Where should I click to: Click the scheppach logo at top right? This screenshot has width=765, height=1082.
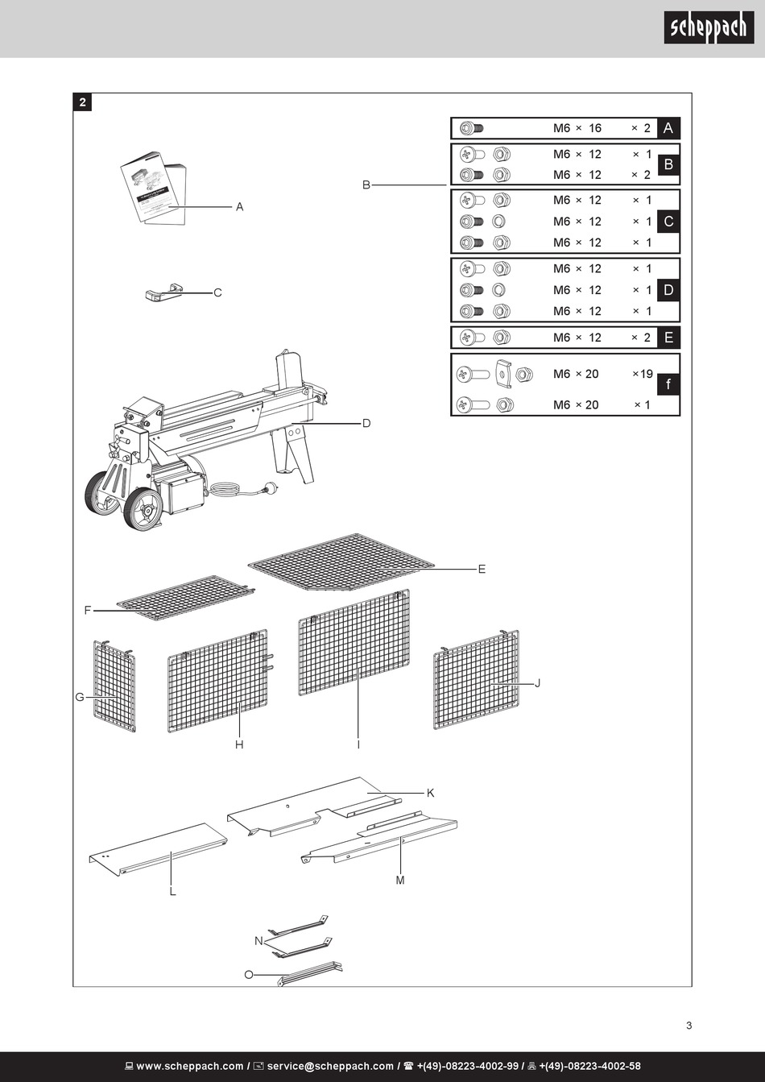click(x=709, y=28)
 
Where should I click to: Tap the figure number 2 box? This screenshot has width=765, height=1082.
click(x=83, y=102)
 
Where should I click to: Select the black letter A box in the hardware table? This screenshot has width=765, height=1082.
click(x=668, y=128)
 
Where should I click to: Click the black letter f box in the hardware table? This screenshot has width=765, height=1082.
click(x=668, y=385)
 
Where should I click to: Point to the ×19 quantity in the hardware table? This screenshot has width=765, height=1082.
click(x=643, y=374)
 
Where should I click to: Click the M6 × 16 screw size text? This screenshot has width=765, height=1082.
click(x=577, y=128)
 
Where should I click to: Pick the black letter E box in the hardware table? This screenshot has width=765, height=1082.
click(x=668, y=338)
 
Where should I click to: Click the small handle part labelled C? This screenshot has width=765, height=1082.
click(x=163, y=293)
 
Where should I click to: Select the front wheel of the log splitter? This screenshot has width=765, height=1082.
click(x=144, y=508)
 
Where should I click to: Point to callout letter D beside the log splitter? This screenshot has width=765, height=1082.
click(x=366, y=423)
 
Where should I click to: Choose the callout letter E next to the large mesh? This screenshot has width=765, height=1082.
click(x=482, y=569)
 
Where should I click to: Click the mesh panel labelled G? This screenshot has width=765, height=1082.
click(x=114, y=686)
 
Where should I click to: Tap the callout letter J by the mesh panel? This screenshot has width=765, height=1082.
click(x=537, y=683)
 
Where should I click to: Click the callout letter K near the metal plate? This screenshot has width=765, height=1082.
click(x=431, y=794)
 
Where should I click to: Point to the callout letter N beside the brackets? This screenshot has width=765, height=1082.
click(x=258, y=941)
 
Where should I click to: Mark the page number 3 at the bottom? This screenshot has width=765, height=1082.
click(x=688, y=1026)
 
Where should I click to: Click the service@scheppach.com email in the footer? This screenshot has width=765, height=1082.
click(x=330, y=1066)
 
